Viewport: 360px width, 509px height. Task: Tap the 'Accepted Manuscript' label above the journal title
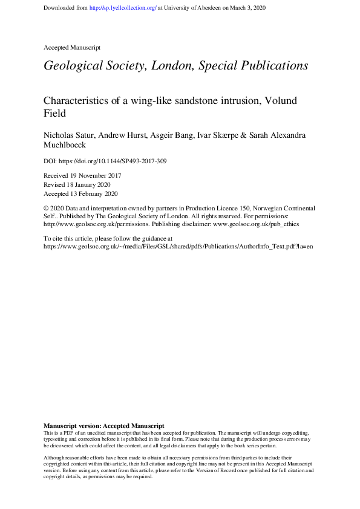pyautogui.click(x=72, y=47)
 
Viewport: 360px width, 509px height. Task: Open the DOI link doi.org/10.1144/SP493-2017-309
pyautogui.click(x=114, y=161)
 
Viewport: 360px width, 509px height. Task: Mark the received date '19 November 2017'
pyautogui.click(x=96, y=176)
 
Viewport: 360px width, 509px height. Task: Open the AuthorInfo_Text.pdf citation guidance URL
pyautogui.click(x=178, y=247)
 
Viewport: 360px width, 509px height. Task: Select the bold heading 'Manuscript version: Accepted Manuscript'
pyautogui.click(x=104, y=426)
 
